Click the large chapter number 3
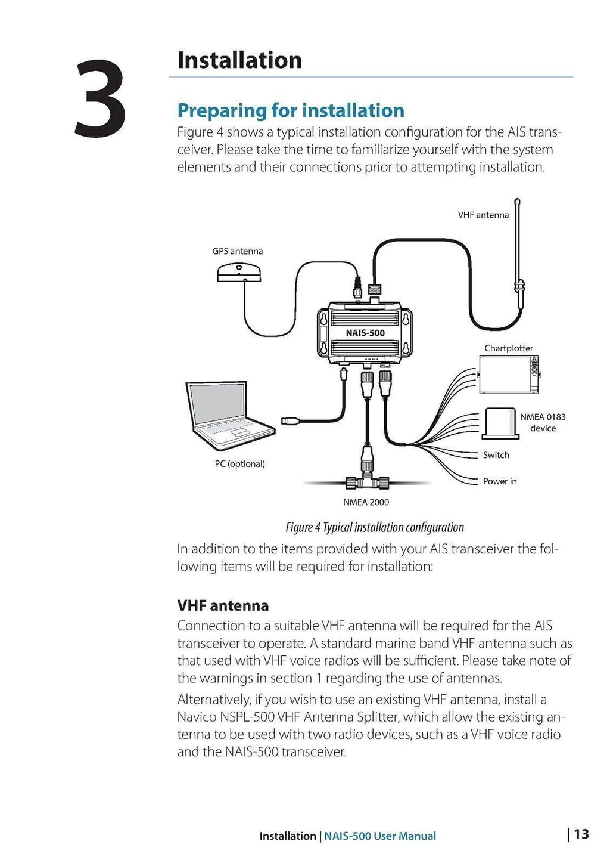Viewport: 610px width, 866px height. tap(100, 99)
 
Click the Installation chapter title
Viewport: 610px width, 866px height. tap(239, 60)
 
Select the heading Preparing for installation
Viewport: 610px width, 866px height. tap(291, 110)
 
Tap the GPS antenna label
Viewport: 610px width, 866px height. tap(237, 251)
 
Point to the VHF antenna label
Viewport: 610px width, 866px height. tap(483, 215)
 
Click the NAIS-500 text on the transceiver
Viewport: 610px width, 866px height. tap(365, 333)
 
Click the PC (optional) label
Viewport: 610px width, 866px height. tap(239, 463)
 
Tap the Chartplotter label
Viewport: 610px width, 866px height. tap(508, 348)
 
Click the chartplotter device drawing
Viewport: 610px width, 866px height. tap(509, 375)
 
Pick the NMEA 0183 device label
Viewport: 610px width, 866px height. tap(542, 422)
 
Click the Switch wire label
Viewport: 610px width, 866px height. tap(496, 455)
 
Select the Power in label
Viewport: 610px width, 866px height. tap(499, 481)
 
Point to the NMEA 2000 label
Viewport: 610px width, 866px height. tap(366, 502)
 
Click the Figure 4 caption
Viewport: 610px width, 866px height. tap(374, 527)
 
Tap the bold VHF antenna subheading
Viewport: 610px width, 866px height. tap(223, 605)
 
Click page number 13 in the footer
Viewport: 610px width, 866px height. tap(581, 834)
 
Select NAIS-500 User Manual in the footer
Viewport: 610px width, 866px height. tap(379, 836)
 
